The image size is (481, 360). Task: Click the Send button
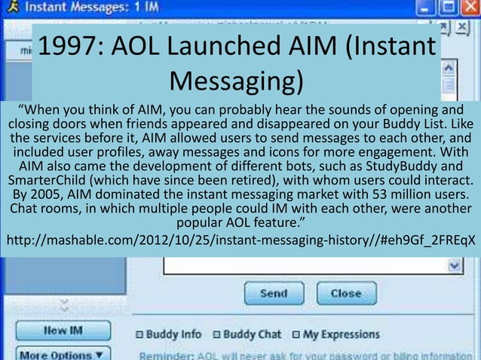coord(272,293)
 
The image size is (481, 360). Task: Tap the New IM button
coord(63,331)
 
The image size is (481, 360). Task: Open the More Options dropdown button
coord(63,354)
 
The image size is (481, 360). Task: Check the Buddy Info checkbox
coord(139,334)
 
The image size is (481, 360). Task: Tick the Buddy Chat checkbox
coord(216,334)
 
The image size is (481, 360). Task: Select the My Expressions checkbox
coord(296,334)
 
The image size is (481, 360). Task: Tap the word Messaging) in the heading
coord(236,81)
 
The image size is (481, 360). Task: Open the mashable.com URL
coord(241,241)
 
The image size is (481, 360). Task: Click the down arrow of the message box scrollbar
coord(454,266)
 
